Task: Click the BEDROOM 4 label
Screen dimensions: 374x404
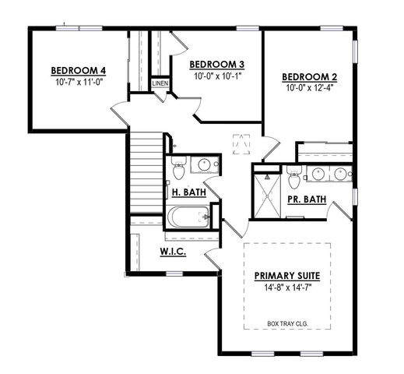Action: [x=78, y=70]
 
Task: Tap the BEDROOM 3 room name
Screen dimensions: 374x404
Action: [x=217, y=64]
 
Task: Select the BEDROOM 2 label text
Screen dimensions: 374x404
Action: [x=309, y=76]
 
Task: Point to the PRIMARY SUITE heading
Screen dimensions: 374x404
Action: [x=288, y=276]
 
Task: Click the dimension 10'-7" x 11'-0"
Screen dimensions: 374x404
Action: [x=78, y=82]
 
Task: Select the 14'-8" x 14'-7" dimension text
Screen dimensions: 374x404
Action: [x=288, y=288]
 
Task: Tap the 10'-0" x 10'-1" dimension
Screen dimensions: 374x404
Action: [x=217, y=76]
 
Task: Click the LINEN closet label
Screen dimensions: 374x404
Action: [x=160, y=83]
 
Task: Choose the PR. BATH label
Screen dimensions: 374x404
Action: [x=306, y=199]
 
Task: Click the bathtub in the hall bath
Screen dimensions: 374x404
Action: [x=184, y=217]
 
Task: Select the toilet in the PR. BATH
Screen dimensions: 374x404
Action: [x=293, y=180]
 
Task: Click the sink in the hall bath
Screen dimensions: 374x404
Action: [x=205, y=165]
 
